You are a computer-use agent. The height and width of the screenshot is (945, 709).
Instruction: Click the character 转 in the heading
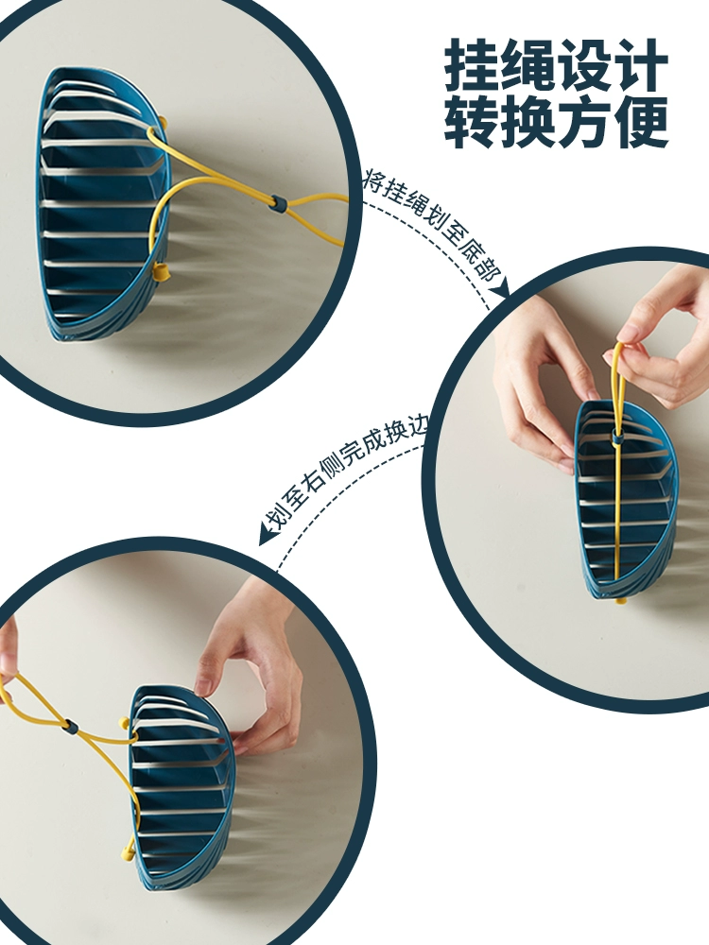pyautogui.click(x=472, y=122)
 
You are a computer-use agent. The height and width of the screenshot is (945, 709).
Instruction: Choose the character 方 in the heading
pyautogui.click(x=584, y=122)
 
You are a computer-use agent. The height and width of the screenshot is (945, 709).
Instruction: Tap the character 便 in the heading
pyautogui.click(x=640, y=122)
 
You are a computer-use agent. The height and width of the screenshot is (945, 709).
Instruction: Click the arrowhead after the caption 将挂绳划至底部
pyautogui.click(x=500, y=288)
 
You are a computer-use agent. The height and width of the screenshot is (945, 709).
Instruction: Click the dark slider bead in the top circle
pyautogui.click(x=277, y=202)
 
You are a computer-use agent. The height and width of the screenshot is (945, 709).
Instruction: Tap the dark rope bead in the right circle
pyautogui.click(x=616, y=437)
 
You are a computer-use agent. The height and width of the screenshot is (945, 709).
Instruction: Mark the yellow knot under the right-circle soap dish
pyautogui.click(x=621, y=600)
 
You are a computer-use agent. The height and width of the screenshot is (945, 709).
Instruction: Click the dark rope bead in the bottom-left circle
pyautogui.click(x=71, y=727)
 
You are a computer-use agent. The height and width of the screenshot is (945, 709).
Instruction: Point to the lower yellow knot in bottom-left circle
pyautogui.click(x=128, y=851)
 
